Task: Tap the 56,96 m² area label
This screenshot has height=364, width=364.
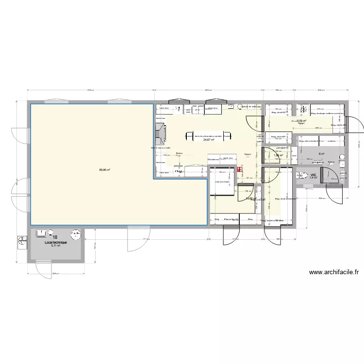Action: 104,156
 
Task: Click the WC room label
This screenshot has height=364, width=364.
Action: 314,174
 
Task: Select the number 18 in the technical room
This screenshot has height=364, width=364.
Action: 55,237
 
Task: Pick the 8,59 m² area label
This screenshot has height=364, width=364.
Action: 302,121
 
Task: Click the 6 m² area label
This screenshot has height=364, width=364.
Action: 321,154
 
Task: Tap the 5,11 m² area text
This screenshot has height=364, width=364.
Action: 55,246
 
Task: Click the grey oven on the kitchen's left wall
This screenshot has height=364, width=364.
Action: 161,132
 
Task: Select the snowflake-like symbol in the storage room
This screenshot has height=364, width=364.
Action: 304,109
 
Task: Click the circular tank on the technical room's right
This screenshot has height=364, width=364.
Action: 75,235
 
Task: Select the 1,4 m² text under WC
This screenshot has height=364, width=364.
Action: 313,178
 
